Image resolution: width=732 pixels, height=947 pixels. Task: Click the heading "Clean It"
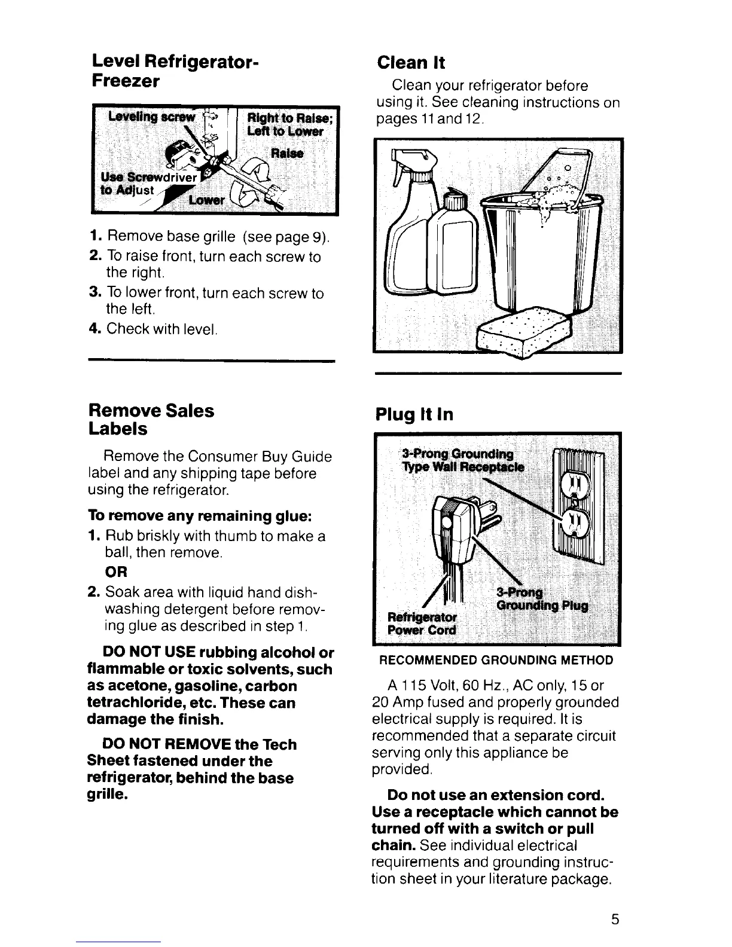[411, 63]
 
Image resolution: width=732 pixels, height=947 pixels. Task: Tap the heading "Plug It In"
[414, 415]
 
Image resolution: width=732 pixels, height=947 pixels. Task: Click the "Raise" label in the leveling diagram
[287, 153]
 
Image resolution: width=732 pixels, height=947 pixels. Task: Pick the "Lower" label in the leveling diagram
[206, 200]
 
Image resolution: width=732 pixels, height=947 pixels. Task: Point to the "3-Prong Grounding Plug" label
[541, 599]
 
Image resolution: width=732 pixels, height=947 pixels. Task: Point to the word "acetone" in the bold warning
[132, 686]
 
